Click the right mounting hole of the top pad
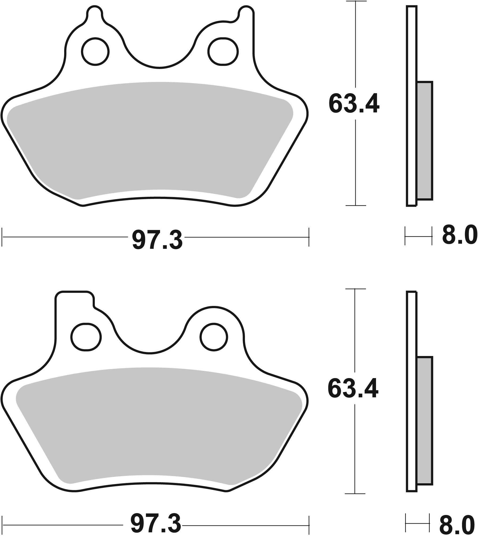pyautogui.click(x=223, y=51)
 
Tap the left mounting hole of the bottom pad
pyautogui.click(x=86, y=337)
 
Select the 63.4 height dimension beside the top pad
pyautogui.click(x=354, y=104)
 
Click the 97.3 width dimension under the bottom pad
pyautogui.click(x=156, y=523)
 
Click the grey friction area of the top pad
pyautogui.click(x=149, y=138)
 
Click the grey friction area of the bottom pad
pyautogui.click(x=160, y=423)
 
